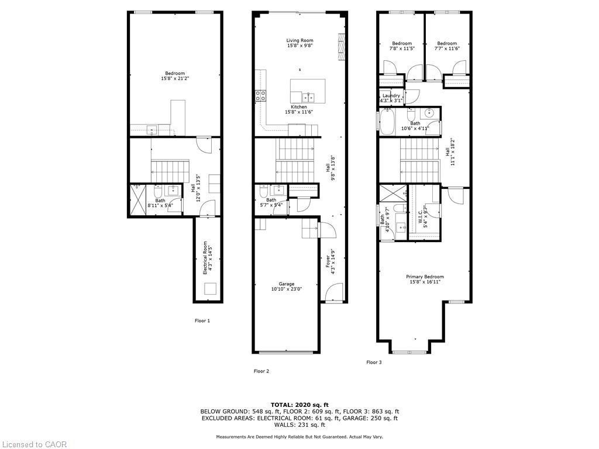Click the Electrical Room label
pyautogui.click(x=205, y=258)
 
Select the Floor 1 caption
pyautogui.click(x=202, y=320)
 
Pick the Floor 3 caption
pyautogui.click(x=374, y=362)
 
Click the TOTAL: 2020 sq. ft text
pyautogui.click(x=299, y=405)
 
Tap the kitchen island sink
pyautogui.click(x=309, y=96)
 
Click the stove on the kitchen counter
pyautogui.click(x=260, y=96)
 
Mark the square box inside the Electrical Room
pyautogui.click(x=209, y=289)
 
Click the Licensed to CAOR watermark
pyautogui.click(x=34, y=444)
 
